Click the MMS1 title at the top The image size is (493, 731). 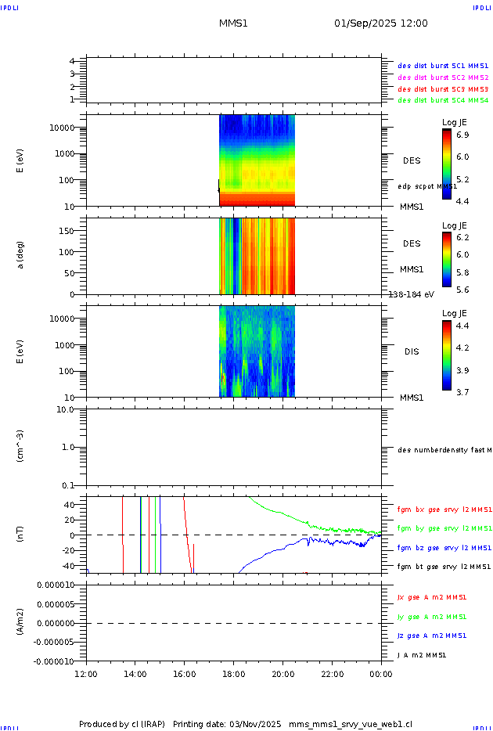[x=233, y=23]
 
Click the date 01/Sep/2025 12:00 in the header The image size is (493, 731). [x=381, y=23]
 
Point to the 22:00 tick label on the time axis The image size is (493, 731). [x=333, y=674]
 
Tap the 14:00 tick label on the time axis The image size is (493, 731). [x=135, y=674]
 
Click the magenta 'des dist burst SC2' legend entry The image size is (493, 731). [x=443, y=77]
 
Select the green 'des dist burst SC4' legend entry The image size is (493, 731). [x=443, y=100]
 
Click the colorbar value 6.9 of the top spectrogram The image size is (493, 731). [x=464, y=135]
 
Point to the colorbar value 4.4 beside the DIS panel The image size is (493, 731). [x=464, y=325]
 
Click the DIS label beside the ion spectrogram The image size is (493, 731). [x=412, y=352]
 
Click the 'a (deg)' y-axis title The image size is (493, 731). [x=21, y=256]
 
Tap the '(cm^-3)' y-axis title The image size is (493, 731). [x=21, y=447]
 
